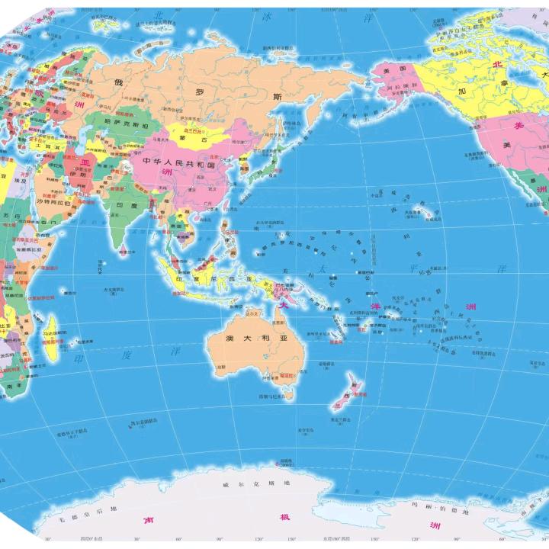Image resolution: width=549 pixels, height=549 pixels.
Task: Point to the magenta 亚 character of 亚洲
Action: pyautogui.click(x=85, y=162)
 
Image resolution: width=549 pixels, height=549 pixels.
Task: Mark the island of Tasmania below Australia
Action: pyautogui.click(x=287, y=394)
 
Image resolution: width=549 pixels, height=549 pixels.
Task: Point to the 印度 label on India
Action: pyautogui.click(x=124, y=206)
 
